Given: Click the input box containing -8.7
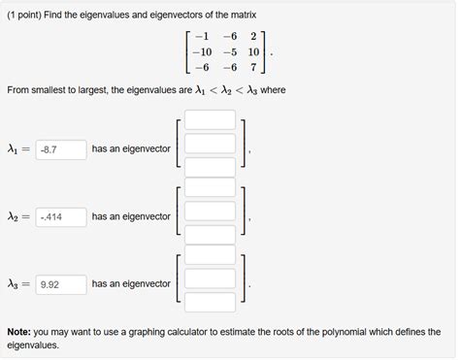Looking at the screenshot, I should [60, 149].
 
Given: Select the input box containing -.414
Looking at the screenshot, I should [60, 216].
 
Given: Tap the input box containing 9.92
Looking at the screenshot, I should [60, 284].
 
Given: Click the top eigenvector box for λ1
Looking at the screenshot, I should [211, 120].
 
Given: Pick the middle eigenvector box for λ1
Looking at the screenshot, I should [211, 144].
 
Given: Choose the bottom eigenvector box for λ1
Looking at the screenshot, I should [211, 167].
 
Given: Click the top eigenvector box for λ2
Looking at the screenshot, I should [211, 188].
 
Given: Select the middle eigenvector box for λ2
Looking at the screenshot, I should [211, 212].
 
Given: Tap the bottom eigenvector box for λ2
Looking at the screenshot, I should [211, 235].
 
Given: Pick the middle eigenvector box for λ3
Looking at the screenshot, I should [211, 279].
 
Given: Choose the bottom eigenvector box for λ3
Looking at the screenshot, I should [211, 302].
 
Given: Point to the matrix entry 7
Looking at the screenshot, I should [252, 68].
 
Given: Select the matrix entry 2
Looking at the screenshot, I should [252, 37].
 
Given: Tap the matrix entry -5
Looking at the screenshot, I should [229, 52].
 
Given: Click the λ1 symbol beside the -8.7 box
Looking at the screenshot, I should [14, 149].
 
